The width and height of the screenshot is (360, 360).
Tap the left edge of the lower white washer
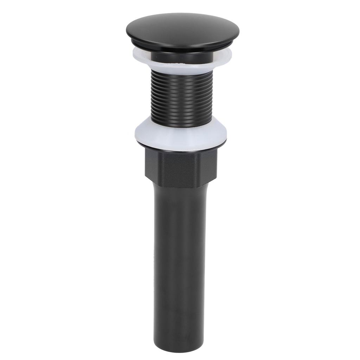pos(136,133)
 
